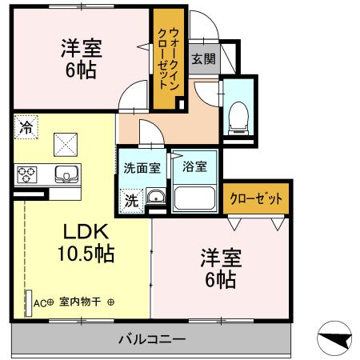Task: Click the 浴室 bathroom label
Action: (194, 167)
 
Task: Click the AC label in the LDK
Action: (39, 302)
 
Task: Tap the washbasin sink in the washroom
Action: (155, 200)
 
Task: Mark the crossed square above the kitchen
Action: (65, 144)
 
